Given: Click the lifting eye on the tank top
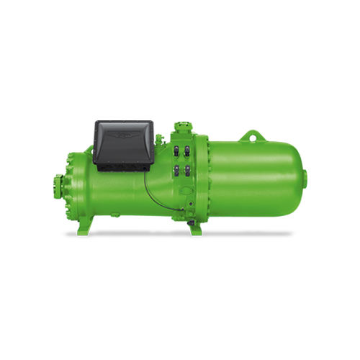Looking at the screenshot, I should (252, 135).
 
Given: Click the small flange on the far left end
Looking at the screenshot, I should (58, 186).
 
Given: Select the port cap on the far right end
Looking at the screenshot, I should (305, 179).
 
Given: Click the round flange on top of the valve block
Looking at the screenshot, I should (181, 128).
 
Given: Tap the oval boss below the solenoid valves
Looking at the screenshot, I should (186, 192).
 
